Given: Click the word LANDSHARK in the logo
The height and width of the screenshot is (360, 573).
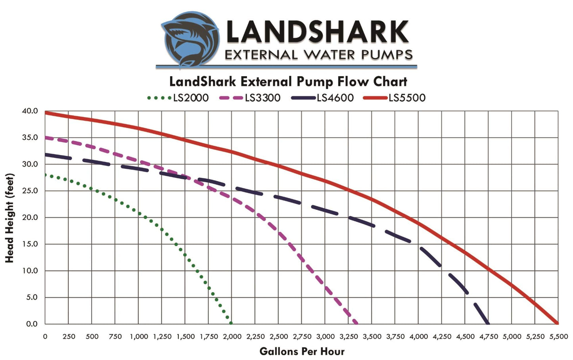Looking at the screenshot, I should click(317, 33).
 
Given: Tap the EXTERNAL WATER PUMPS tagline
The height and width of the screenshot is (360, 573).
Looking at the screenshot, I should click(318, 55).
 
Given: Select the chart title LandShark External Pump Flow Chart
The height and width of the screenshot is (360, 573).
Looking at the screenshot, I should click(288, 82).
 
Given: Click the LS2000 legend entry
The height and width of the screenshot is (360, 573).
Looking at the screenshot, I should click(178, 98).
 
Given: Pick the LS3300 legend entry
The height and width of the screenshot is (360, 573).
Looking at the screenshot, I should click(250, 98).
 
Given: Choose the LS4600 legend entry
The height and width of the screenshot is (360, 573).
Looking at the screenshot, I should click(322, 98).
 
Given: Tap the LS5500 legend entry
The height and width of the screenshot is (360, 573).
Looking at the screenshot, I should click(395, 98).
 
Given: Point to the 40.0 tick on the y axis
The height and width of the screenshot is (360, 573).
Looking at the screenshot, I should click(30, 111).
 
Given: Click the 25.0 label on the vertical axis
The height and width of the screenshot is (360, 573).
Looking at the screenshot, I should click(30, 191).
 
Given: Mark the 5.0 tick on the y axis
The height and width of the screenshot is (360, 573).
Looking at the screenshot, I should click(32, 297).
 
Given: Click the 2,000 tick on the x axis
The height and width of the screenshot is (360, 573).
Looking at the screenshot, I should click(232, 337).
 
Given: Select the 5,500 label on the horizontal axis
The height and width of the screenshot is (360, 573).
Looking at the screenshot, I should click(558, 337).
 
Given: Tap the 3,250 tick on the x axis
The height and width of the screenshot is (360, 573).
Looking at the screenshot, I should click(349, 337).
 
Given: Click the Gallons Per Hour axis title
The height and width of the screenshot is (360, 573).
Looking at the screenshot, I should click(302, 351).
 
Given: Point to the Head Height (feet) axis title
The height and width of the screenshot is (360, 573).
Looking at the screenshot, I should click(10, 218).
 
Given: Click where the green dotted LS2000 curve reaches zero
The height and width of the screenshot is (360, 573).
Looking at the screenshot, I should click(231, 323).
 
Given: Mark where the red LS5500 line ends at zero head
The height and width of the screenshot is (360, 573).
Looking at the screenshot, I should click(558, 324).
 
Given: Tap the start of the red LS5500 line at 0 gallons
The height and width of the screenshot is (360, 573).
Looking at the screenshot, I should click(46, 113).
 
